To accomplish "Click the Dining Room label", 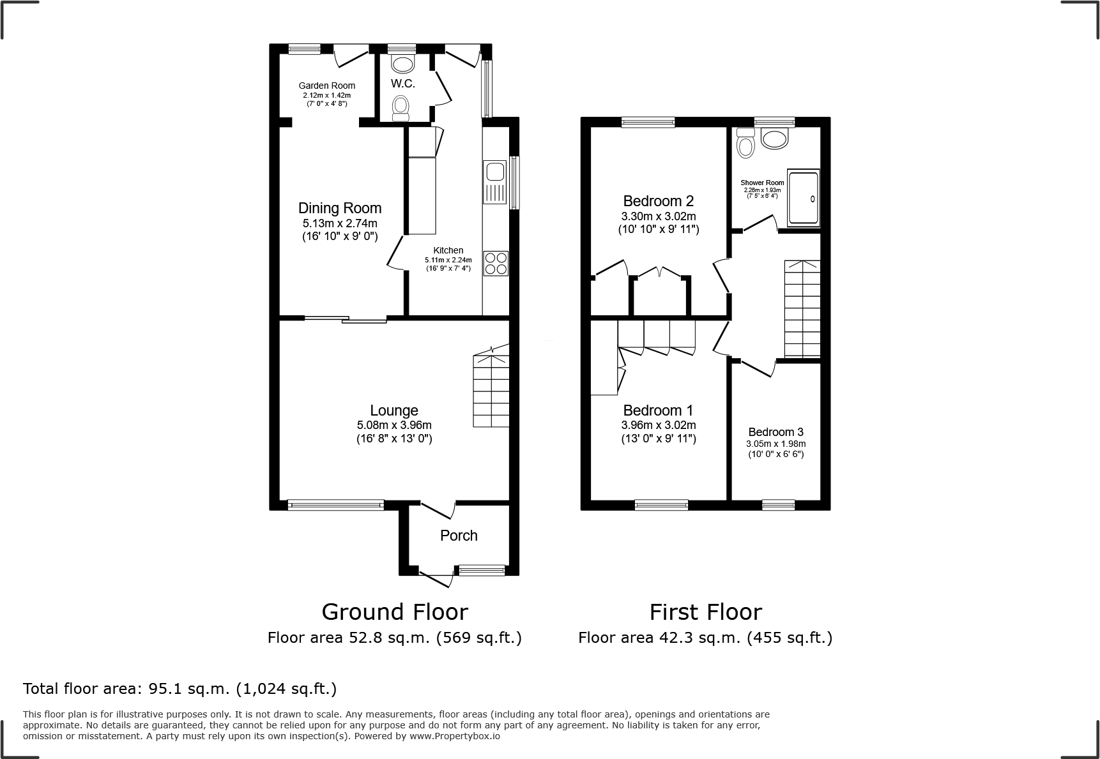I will [x=340, y=208].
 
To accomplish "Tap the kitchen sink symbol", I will [x=495, y=181].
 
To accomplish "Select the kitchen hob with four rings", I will [x=496, y=263].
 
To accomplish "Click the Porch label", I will [x=459, y=536].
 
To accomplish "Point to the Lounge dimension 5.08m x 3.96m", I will [x=394, y=425].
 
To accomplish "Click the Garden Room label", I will [x=327, y=86].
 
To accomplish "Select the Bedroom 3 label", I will [x=775, y=432].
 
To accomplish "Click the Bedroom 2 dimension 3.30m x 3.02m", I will [x=659, y=216].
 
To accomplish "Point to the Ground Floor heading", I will [x=395, y=612].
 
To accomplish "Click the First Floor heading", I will [x=705, y=612].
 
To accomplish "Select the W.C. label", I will [x=403, y=84].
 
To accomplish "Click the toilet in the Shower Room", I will [x=745, y=143].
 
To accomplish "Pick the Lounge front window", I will [x=336, y=505].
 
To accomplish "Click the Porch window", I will [x=482, y=571].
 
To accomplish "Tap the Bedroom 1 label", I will [x=658, y=410].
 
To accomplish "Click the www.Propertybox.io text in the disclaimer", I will [x=454, y=736].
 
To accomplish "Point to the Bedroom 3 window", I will [x=778, y=505].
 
